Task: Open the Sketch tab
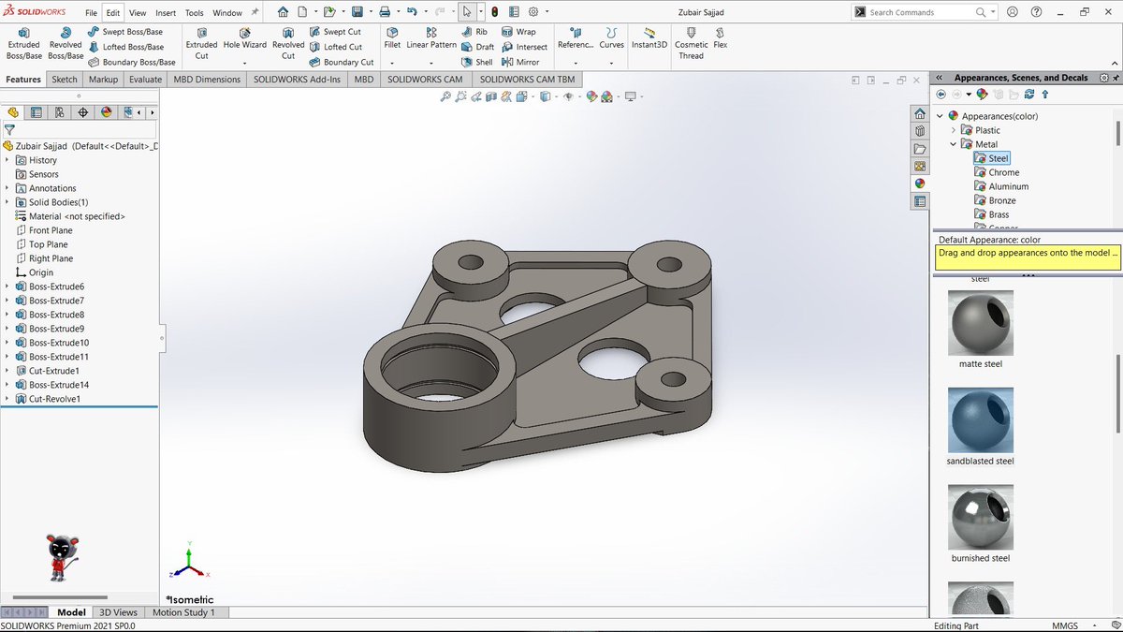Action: [x=65, y=80]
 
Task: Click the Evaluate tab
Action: [x=145, y=80]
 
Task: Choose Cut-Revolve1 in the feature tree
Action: [x=54, y=399]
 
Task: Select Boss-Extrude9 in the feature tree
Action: [x=56, y=329]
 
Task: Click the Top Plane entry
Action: [x=48, y=244]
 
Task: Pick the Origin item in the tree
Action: [x=40, y=272]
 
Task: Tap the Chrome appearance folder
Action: [x=1003, y=172]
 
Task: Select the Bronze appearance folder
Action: [x=1001, y=200]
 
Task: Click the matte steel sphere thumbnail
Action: [x=980, y=323]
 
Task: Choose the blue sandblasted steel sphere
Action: [x=980, y=420]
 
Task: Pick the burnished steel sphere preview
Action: [x=980, y=518]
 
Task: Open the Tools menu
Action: [x=194, y=13]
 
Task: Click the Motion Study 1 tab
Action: [x=183, y=612]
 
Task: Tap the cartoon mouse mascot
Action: [x=64, y=558]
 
